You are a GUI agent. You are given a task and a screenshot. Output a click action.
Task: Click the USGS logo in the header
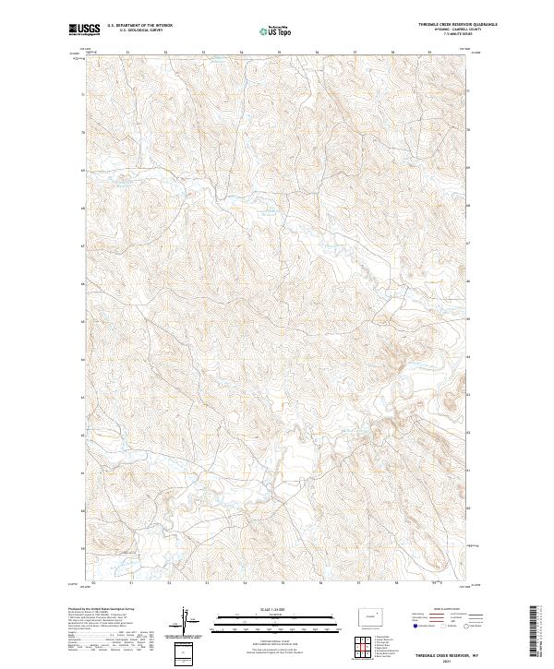[x=84, y=31]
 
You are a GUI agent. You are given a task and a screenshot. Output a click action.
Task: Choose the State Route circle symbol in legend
[x=459, y=626]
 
